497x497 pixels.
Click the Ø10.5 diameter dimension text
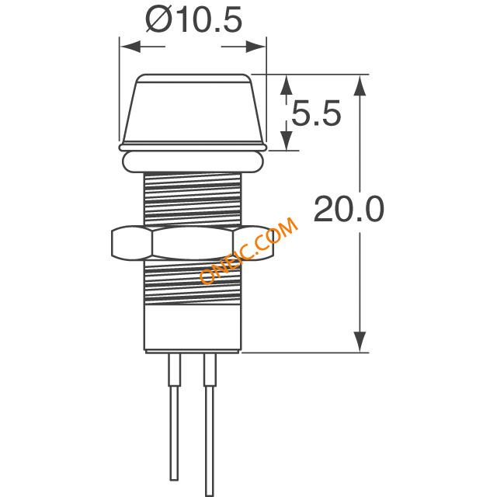pyautogui.click(x=193, y=19)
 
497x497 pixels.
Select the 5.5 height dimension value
pyautogui.click(x=316, y=113)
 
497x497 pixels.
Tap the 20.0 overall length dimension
pyautogui.click(x=349, y=209)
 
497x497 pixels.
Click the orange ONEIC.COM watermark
pyautogui.click(x=248, y=250)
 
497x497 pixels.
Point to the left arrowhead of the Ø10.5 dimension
pyautogui.click(x=130, y=47)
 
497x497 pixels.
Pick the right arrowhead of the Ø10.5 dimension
pyautogui.click(x=255, y=47)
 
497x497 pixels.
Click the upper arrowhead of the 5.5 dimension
pyautogui.click(x=287, y=85)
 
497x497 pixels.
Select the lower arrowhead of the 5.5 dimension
pyautogui.click(x=287, y=141)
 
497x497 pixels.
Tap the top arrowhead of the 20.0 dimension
pyautogui.click(x=360, y=85)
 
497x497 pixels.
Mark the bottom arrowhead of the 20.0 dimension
pyautogui.click(x=360, y=342)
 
